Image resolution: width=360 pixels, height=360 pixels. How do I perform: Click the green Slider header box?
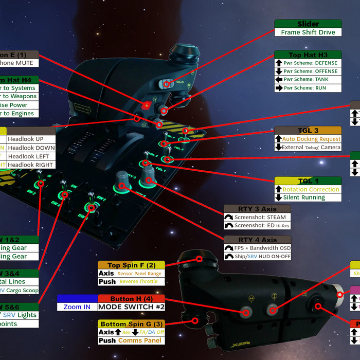pos(308,24)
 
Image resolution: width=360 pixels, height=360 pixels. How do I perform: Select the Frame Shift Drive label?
pos(308,32)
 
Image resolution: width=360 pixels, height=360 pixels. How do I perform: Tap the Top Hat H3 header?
pos(308,55)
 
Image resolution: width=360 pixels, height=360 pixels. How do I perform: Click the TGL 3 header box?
pos(308,131)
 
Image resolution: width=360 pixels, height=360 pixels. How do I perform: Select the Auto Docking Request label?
pos(312,139)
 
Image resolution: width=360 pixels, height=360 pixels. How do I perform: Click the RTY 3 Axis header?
pos(257,209)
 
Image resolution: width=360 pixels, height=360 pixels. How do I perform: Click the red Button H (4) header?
pos(131,299)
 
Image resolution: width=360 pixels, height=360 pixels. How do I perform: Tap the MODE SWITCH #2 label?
pos(131,307)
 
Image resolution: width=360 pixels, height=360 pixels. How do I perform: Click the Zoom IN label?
pos(77,307)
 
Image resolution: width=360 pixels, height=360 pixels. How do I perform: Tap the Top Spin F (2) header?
pos(131,265)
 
